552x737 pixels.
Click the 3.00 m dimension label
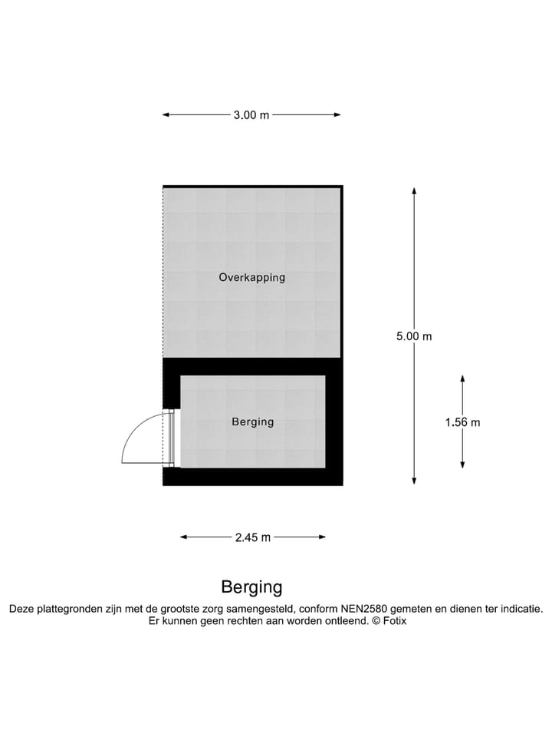click(x=251, y=114)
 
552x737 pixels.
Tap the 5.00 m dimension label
click(x=414, y=336)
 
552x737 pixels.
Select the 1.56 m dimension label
click(x=463, y=422)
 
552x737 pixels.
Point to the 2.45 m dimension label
click(x=253, y=537)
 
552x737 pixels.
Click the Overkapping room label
click(x=252, y=277)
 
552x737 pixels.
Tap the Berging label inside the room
click(x=253, y=421)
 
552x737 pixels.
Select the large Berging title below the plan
click(x=251, y=587)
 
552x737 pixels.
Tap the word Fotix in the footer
click(x=395, y=621)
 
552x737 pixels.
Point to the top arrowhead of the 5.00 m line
click(x=414, y=191)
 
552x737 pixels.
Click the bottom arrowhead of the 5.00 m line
click(x=414, y=481)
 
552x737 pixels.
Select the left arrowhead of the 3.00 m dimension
click(x=166, y=114)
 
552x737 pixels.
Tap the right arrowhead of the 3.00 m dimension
click(x=337, y=114)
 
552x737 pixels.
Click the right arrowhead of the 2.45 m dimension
click(x=322, y=537)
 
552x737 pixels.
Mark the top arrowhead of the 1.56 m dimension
click(x=462, y=378)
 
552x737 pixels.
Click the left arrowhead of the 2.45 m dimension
click(x=185, y=537)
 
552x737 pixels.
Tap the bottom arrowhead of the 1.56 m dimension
click(x=462, y=465)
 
